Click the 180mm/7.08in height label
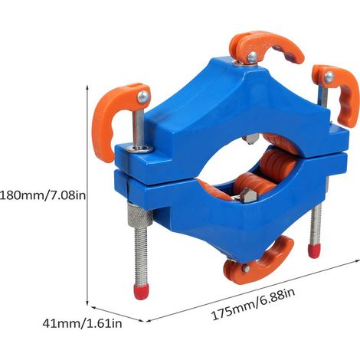[x=43, y=196]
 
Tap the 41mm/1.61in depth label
[x=82, y=324]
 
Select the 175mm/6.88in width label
[x=254, y=304]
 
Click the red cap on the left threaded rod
[x=141, y=292]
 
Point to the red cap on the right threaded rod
[x=315, y=250]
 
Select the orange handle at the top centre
[x=266, y=47]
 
